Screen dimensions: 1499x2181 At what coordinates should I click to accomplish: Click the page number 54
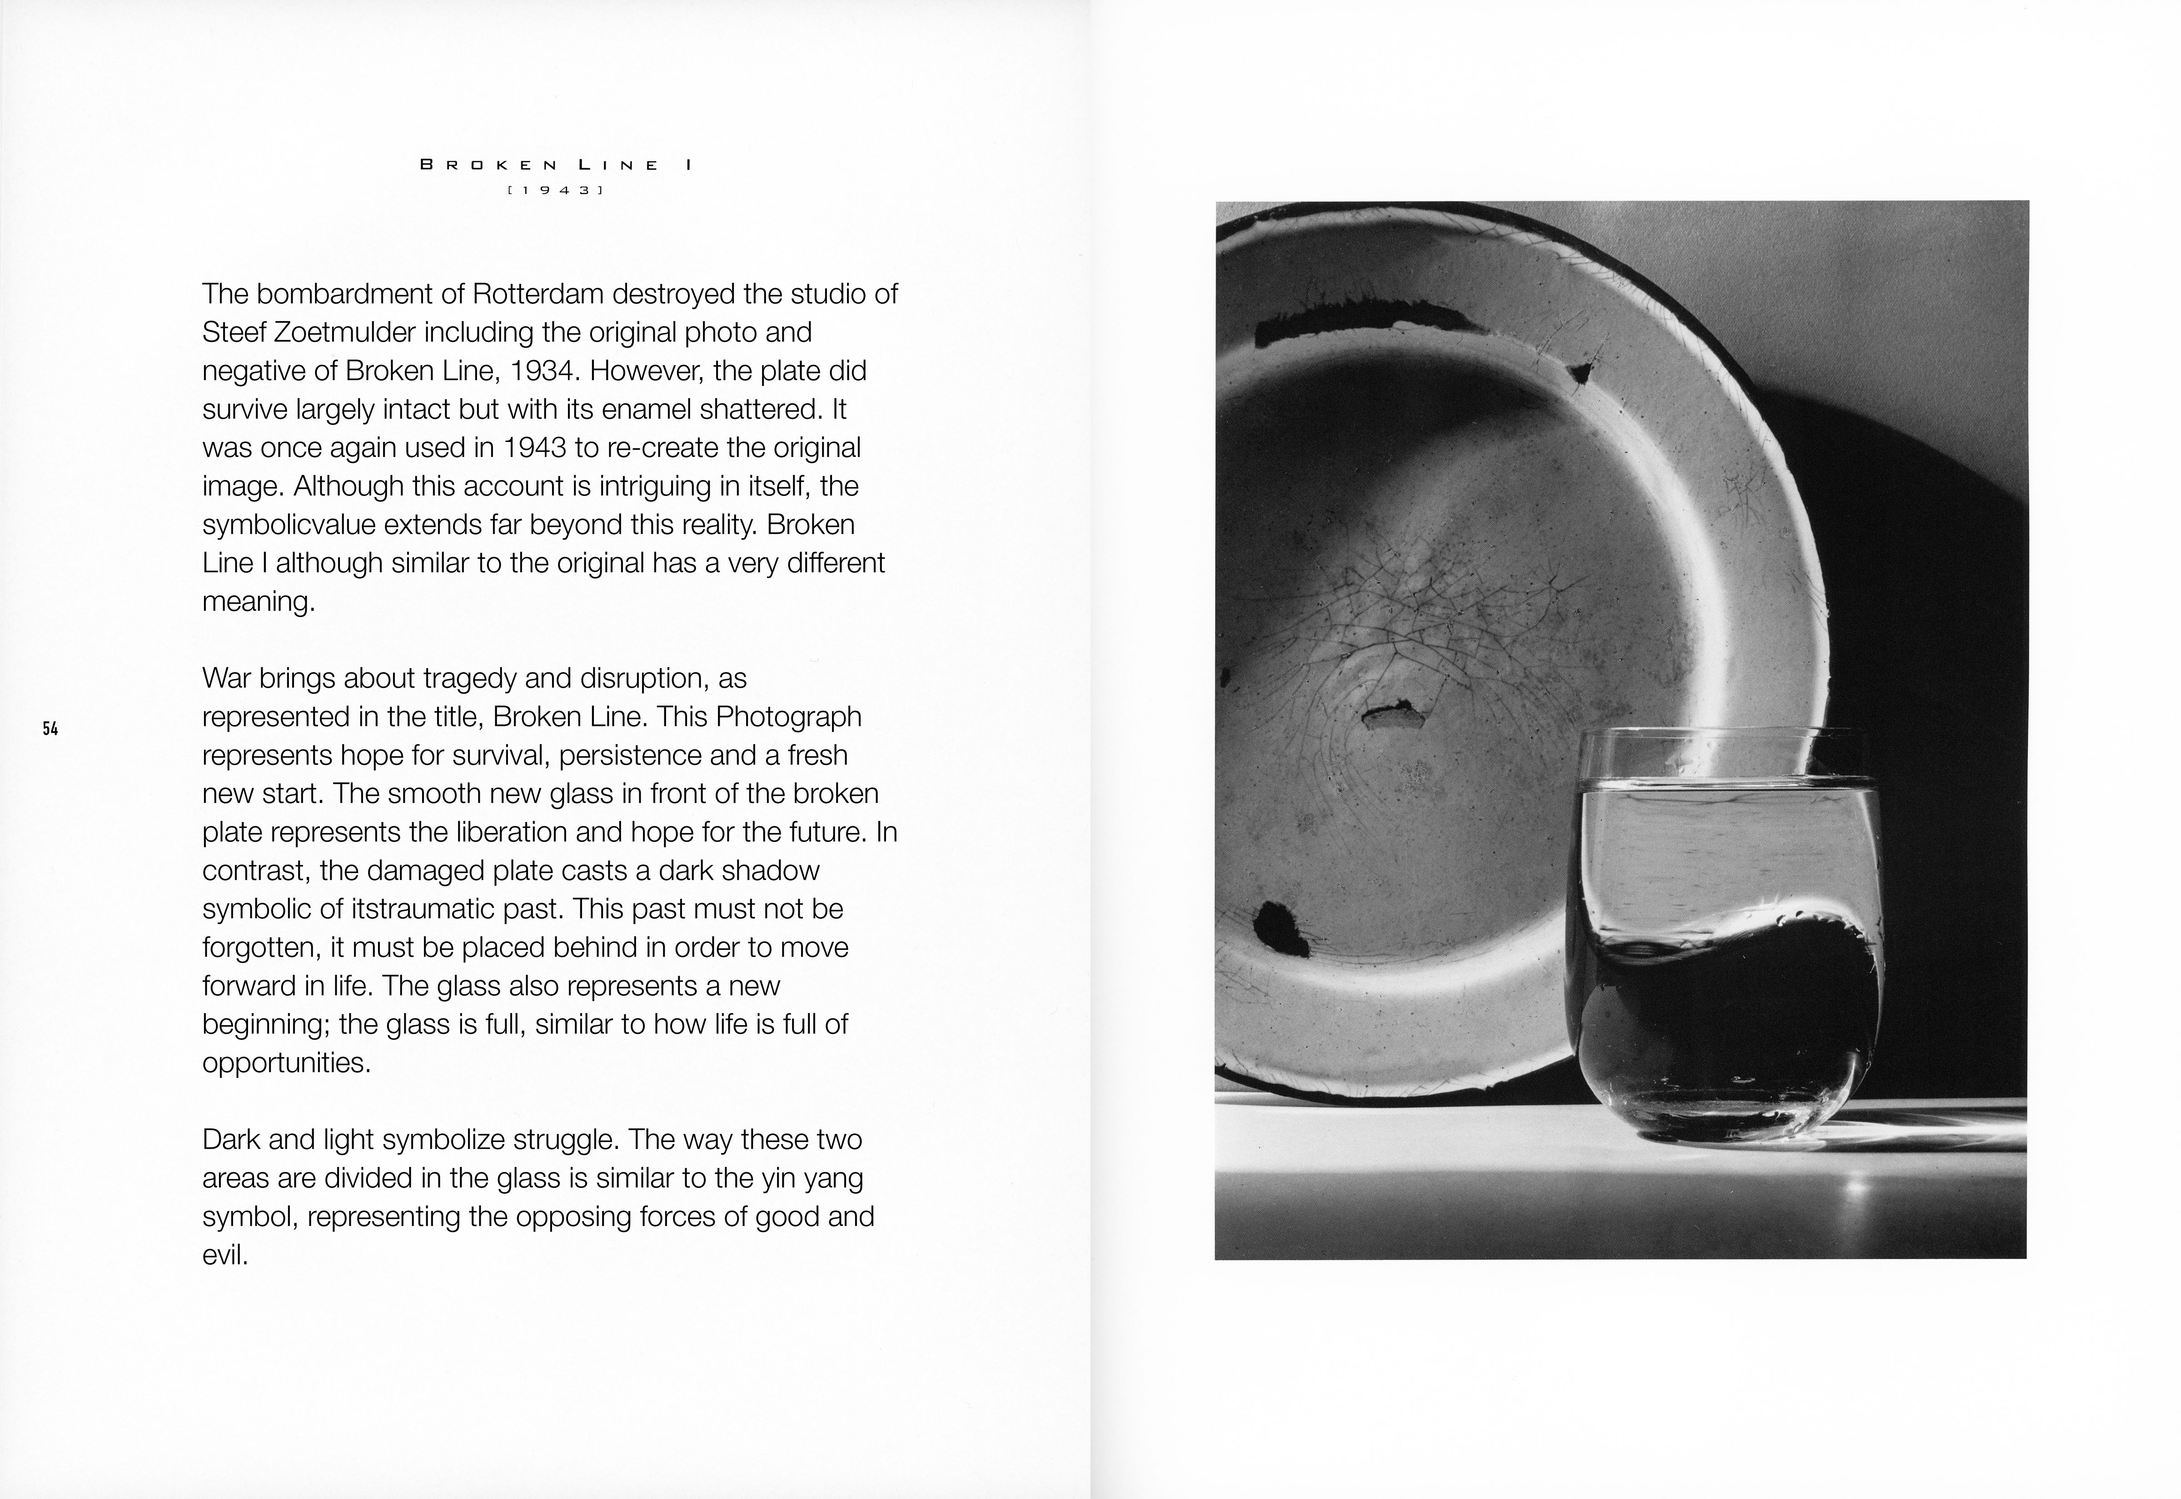click(x=50, y=728)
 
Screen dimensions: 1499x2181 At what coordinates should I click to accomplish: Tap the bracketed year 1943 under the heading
click(x=555, y=190)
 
